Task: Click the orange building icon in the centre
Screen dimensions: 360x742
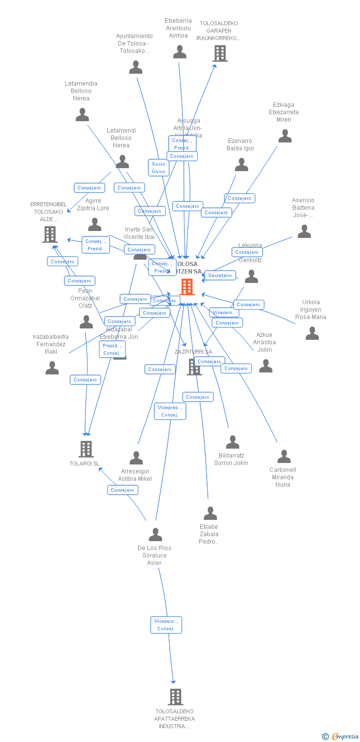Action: [x=187, y=286]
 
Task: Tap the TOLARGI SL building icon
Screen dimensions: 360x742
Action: [x=86, y=449]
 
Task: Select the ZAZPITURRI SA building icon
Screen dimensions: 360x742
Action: [x=194, y=367]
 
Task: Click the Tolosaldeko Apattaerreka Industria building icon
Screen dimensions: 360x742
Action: [x=176, y=696]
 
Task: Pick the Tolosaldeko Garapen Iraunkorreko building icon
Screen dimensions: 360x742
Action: [x=220, y=53]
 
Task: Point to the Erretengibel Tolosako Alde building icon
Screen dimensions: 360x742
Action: [x=50, y=234]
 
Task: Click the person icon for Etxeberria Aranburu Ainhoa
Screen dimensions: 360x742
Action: [x=180, y=52]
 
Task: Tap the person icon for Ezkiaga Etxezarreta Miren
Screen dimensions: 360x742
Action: [x=285, y=136]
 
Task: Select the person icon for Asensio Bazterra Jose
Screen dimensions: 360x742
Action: [x=304, y=232]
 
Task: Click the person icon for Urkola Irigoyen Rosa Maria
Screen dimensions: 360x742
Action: [x=312, y=333]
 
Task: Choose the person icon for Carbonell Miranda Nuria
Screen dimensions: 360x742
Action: [x=284, y=456]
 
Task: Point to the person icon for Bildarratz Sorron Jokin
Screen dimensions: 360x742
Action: [x=232, y=442]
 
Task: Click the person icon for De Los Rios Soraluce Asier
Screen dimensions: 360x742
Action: [x=155, y=534]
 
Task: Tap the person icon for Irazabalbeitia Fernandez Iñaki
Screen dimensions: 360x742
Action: [x=52, y=368]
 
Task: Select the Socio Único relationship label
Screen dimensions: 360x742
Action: [x=159, y=168]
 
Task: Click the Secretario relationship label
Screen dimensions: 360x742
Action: [x=220, y=275]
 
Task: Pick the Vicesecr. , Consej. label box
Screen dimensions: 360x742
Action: [x=166, y=625]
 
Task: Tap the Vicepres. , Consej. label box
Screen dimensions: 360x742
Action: [x=170, y=411]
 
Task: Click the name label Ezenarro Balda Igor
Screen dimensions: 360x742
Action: [x=240, y=144]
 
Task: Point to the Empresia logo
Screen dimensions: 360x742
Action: [x=344, y=737]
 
